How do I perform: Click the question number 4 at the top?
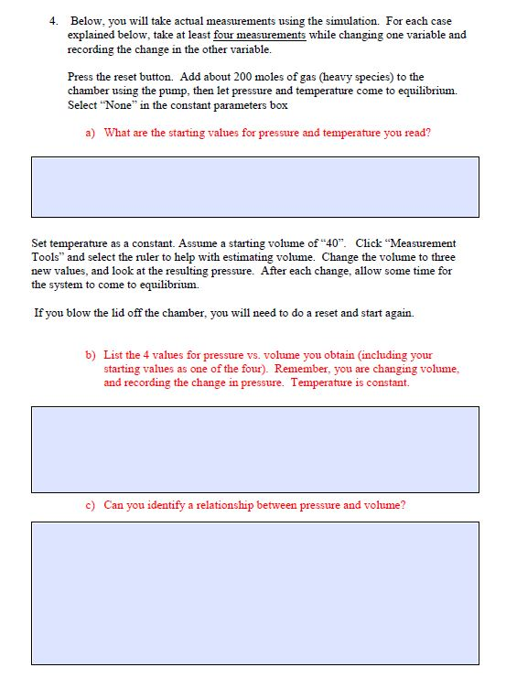(x=54, y=21)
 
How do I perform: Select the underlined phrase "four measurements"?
(x=259, y=35)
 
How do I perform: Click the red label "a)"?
(x=91, y=133)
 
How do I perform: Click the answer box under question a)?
(x=255, y=187)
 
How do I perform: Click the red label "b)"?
(x=91, y=355)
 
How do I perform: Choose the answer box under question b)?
(x=255, y=449)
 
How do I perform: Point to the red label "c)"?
(x=91, y=505)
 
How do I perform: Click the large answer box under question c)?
(x=255, y=592)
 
